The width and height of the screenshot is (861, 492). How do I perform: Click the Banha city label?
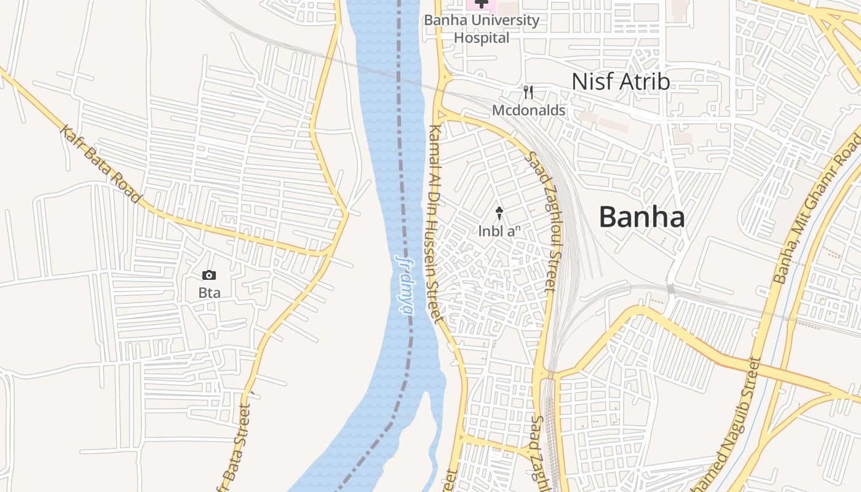641,217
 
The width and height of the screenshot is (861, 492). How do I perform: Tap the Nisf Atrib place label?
620,81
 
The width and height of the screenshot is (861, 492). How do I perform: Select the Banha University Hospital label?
482,29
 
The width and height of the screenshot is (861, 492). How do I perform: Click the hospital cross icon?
481,4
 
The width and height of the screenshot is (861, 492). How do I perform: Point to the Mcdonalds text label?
528,111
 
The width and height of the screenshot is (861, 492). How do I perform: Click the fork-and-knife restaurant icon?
528,93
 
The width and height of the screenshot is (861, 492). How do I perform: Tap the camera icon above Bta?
209,275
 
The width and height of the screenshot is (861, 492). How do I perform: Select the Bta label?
209,293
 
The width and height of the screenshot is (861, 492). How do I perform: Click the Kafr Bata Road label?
101,164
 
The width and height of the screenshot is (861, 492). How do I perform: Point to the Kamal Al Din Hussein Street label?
434,224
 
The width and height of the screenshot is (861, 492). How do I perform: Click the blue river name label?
405,284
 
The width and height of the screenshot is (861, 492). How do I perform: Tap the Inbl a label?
499,231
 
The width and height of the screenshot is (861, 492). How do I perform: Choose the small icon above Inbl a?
499,213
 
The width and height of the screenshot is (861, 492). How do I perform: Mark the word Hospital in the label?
482,38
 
